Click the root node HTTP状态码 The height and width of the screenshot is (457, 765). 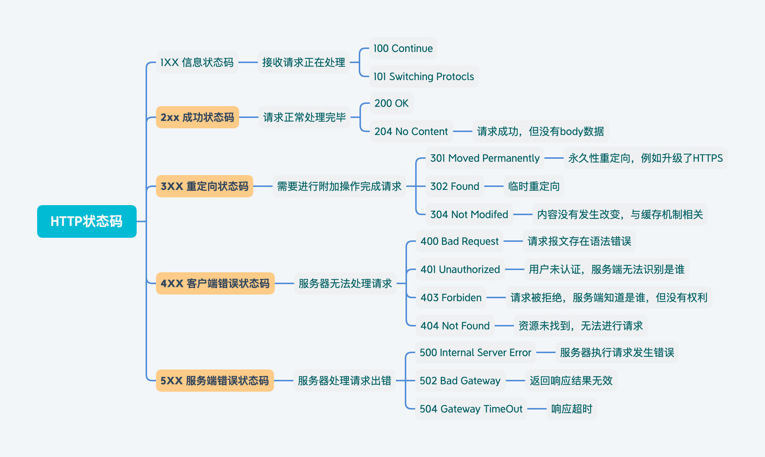tap(87, 221)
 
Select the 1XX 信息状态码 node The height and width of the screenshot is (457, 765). tap(197, 62)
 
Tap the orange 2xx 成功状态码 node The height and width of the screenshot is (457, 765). tap(197, 117)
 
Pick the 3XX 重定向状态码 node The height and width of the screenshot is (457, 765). tap(204, 186)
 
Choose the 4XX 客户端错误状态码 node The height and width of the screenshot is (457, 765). tap(215, 283)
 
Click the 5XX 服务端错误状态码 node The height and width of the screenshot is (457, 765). tap(215, 381)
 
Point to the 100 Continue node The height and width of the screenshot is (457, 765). tap(403, 48)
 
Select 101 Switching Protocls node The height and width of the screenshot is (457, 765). tap(423, 76)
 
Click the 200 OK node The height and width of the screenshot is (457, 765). tap(391, 103)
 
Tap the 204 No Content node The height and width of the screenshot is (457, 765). tap(411, 131)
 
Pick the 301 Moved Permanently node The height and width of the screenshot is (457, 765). tap(485, 158)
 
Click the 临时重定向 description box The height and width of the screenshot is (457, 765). tap(534, 186)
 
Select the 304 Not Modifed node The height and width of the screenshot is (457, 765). tap(469, 214)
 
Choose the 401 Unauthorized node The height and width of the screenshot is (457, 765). tap(460, 269)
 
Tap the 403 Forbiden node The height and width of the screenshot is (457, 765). tap(451, 297)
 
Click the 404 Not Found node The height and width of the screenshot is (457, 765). tap(455, 326)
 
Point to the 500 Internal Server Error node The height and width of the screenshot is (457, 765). tap(475, 352)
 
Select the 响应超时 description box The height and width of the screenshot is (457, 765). tap(572, 409)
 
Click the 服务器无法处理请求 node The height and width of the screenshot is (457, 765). tap(345, 283)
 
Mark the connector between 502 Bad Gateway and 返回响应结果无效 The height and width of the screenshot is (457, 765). tap(515, 381)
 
